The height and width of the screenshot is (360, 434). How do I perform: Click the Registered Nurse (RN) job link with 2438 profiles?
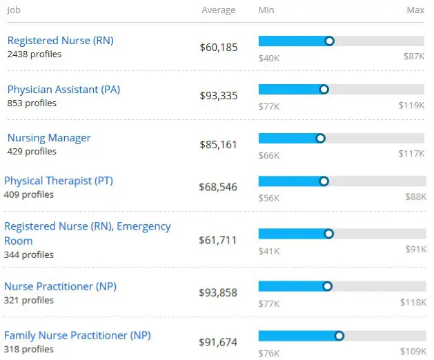coord(60,41)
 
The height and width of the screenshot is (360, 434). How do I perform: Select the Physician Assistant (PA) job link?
coord(63,90)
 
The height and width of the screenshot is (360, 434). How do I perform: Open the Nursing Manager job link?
coord(49,138)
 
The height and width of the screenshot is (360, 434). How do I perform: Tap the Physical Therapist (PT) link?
coord(58,181)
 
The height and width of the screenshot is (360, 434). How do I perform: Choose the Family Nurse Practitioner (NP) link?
coord(77,335)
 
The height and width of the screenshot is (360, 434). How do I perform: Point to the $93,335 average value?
coord(219,96)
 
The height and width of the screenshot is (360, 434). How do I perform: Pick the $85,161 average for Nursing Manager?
coord(219,145)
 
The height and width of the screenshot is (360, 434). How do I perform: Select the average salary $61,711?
coord(217,240)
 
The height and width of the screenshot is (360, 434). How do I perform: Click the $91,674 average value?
coord(217,341)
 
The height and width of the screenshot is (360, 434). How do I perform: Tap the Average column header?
coord(219,10)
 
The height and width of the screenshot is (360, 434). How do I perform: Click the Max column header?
coord(415,10)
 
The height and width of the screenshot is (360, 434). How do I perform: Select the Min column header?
coord(266,10)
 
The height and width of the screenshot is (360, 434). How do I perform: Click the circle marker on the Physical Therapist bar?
coord(324,181)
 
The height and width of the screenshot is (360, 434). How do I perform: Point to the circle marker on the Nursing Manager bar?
coord(320,138)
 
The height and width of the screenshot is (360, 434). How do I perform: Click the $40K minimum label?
coord(269,57)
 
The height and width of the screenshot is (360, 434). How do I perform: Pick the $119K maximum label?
coord(411,106)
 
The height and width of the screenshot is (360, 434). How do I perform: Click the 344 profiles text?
coord(29,254)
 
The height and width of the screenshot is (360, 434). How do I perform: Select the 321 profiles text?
coord(29,300)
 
